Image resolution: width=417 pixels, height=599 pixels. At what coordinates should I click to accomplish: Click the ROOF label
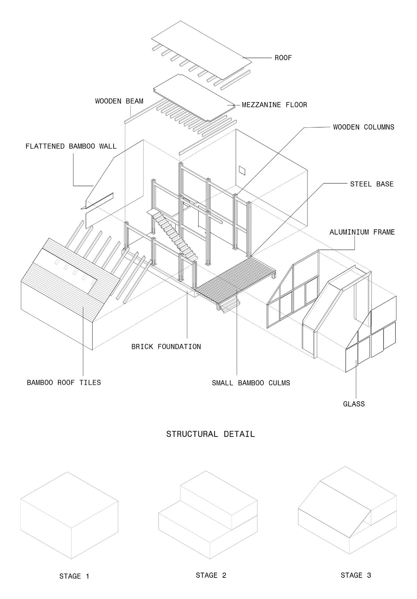point(283,58)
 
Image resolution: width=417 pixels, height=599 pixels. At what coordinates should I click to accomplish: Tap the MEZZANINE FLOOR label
point(275,104)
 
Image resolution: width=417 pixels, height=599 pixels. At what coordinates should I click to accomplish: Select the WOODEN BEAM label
point(119,101)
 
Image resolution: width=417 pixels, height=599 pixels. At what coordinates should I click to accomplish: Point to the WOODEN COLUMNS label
point(363,127)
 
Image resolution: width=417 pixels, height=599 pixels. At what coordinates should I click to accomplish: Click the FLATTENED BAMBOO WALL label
point(71,146)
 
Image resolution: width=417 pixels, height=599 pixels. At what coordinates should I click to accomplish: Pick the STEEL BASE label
point(372,184)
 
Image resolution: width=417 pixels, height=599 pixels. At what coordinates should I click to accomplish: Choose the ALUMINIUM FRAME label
point(362,232)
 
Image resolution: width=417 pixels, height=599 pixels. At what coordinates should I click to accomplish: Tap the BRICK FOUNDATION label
point(166,346)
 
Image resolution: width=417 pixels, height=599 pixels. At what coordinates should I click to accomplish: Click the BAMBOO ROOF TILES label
point(64,382)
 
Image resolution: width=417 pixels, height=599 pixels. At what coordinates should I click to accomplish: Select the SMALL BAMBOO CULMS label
point(251,383)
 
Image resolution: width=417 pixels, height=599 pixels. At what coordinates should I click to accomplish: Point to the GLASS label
point(354,404)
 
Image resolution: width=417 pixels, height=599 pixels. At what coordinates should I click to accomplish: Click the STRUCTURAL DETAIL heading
point(210,434)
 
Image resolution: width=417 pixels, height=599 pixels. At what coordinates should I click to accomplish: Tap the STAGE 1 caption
point(74,576)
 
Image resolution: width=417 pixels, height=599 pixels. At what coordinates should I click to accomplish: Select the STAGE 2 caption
point(211,575)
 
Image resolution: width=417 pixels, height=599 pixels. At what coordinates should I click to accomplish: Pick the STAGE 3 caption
point(356,575)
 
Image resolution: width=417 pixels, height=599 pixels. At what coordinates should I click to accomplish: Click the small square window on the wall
point(242,170)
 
